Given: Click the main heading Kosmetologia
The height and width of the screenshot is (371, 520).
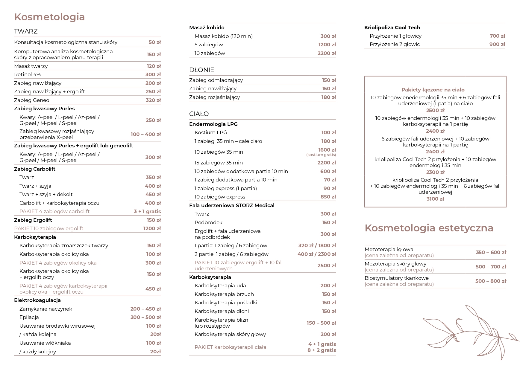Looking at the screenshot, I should tap(49, 17).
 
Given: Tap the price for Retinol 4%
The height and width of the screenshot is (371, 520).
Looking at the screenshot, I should tap(153, 74).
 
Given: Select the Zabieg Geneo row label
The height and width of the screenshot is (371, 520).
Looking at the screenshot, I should tap(31, 100).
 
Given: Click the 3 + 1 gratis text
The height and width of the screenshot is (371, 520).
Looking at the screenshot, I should tap(147, 211).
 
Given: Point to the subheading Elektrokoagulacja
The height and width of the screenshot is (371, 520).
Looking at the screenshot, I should tap(37, 300).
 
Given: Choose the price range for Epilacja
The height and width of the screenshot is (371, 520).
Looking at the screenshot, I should tap(145, 317).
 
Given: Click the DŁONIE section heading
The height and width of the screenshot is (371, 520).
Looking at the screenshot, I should tap(201, 70).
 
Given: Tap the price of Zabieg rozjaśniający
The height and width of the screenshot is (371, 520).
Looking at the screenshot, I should tap(328, 97).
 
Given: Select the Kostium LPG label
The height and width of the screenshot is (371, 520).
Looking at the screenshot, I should tap(211, 132).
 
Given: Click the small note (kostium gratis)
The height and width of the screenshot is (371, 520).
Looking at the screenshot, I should tap(321, 155).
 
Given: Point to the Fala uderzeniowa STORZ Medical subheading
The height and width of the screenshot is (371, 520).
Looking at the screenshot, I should tap(232, 205).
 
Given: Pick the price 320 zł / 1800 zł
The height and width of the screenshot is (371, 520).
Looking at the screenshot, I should tap(317, 245).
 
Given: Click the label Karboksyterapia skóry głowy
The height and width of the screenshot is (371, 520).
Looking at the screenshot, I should tap(230, 334).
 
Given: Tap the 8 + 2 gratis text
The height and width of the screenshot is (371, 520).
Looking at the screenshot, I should tap(322, 350).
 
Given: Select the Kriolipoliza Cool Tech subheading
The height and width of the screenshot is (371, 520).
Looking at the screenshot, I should tap(392, 28).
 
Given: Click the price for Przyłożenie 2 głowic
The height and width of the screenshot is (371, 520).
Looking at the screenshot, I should tap(497, 44).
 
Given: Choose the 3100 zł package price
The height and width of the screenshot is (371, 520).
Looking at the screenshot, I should tap(435, 199).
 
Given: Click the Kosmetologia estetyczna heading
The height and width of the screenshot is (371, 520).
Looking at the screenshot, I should tap(429, 228).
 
